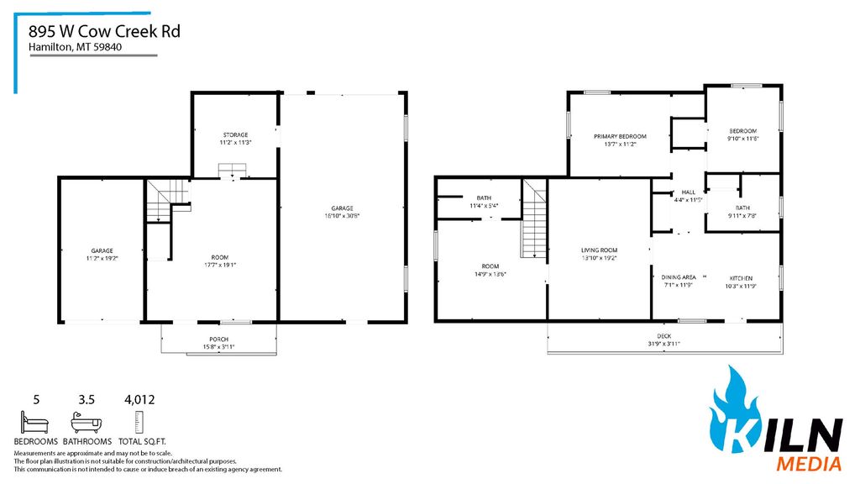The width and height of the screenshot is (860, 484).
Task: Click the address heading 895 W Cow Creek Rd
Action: click(x=104, y=31)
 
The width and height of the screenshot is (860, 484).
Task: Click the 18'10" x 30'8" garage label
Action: click(x=341, y=212)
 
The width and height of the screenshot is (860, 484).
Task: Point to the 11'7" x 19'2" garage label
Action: click(x=102, y=255)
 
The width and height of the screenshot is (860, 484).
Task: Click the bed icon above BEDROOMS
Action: click(x=35, y=421)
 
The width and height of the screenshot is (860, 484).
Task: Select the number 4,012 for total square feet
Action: click(x=139, y=400)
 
